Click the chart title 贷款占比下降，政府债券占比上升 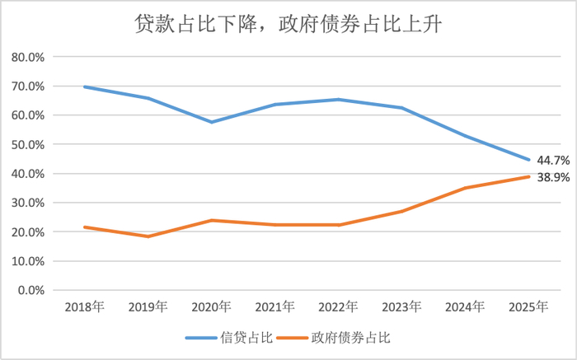tap(288, 25)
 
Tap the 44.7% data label tap(554, 160)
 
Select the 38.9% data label tap(554, 177)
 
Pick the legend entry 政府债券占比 tap(338, 338)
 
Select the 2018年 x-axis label tap(84, 307)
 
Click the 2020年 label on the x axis tap(212, 307)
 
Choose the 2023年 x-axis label tap(402, 307)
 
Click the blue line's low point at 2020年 tap(212, 122)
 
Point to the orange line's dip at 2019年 tap(148, 236)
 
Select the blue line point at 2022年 tap(339, 100)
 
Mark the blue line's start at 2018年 tap(85, 86)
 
